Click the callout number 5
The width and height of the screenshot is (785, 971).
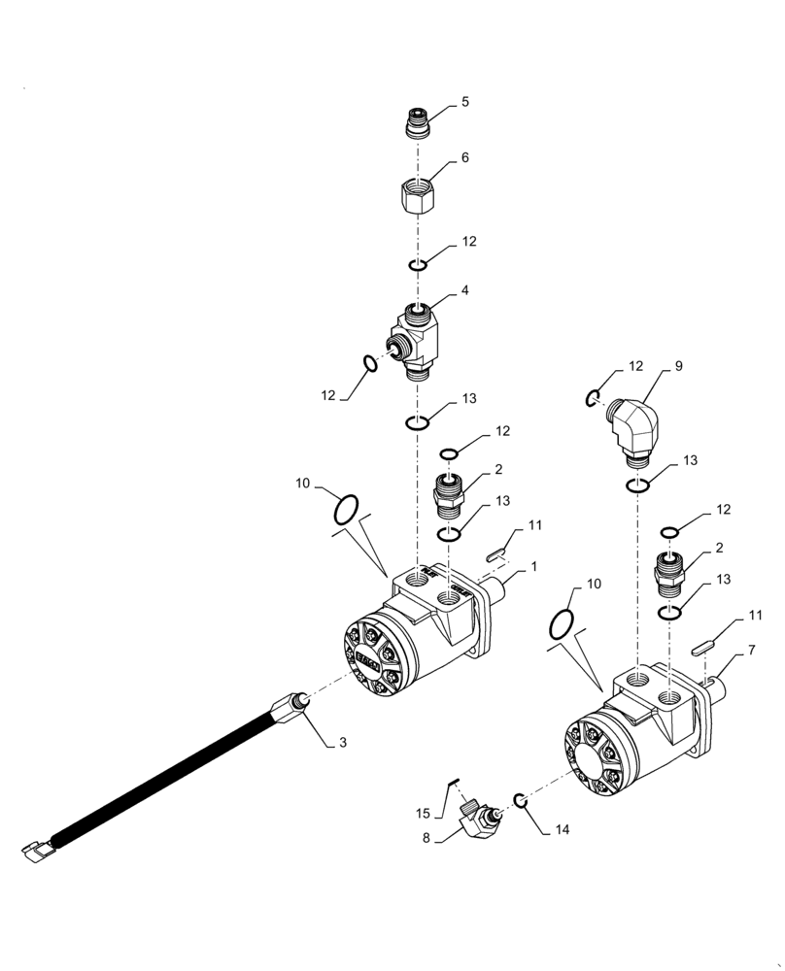(x=465, y=101)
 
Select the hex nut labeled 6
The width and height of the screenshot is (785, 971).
(x=418, y=195)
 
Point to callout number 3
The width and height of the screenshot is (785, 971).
(x=342, y=743)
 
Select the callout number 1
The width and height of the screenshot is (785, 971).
(x=533, y=565)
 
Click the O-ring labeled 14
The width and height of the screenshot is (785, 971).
(x=521, y=799)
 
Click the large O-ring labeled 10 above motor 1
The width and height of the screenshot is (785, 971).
(x=346, y=507)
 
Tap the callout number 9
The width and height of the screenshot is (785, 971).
(x=677, y=367)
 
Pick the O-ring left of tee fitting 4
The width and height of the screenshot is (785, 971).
(x=370, y=364)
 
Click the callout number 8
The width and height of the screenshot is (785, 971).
(x=427, y=838)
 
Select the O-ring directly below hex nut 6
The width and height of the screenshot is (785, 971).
(x=418, y=265)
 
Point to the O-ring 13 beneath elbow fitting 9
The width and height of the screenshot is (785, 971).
(x=637, y=485)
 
